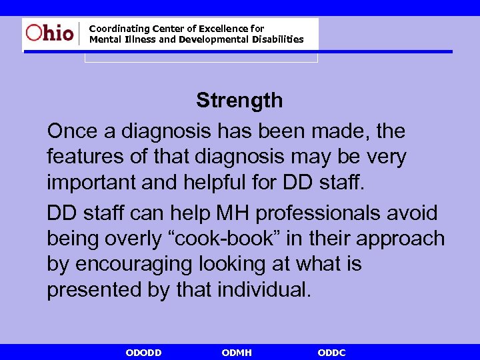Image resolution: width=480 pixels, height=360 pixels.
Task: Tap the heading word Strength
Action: (239, 101)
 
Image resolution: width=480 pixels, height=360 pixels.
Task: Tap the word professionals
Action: (322, 213)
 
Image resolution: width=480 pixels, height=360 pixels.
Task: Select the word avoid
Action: (415, 213)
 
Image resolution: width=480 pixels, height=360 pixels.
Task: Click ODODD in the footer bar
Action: (143, 352)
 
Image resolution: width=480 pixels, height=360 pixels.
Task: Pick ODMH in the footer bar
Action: (236, 352)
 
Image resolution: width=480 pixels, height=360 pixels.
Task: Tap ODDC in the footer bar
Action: (331, 352)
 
